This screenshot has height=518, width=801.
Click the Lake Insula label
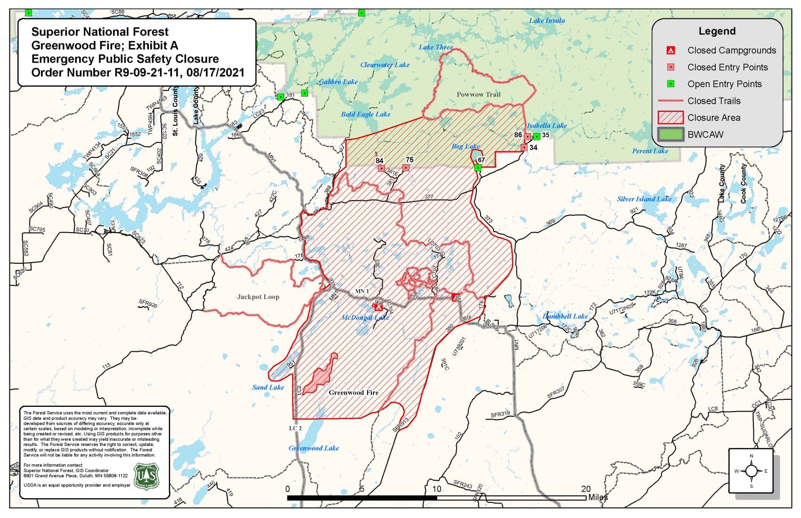pyautogui.click(x=547, y=20)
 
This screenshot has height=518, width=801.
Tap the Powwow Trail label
pyautogui.click(x=478, y=94)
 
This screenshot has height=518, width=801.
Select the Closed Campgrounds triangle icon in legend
pyautogui.click(x=671, y=50)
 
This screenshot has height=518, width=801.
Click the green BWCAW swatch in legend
pyautogui.click(x=670, y=134)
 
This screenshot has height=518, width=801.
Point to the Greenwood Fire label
pyautogui.click(x=353, y=392)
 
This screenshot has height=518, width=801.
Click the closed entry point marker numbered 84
pyautogui.click(x=381, y=168)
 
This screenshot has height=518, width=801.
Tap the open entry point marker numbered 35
pyautogui.click(x=537, y=137)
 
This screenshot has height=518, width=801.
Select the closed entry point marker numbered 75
pyautogui.click(x=406, y=168)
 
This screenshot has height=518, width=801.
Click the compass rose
pyautogui.click(x=751, y=470)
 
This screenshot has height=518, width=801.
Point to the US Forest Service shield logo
pyautogui.click(x=147, y=477)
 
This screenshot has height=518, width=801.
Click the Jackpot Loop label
pyautogui.click(x=258, y=297)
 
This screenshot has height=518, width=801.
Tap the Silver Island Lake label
pyautogui.click(x=644, y=199)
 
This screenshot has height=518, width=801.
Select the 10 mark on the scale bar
pyautogui.click(x=437, y=489)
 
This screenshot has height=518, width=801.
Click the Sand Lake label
pyautogui.click(x=268, y=387)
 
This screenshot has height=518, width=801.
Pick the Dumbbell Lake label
pyautogui.click(x=565, y=316)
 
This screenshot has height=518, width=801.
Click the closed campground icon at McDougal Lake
pyautogui.click(x=378, y=308)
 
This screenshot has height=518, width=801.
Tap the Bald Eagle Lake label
pyautogui.click(x=366, y=114)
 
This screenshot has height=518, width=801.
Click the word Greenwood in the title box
pyautogui.click(x=55, y=46)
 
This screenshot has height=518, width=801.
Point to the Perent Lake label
pyautogui.click(x=650, y=151)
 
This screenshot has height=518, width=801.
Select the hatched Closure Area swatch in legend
pyautogui.click(x=670, y=117)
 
